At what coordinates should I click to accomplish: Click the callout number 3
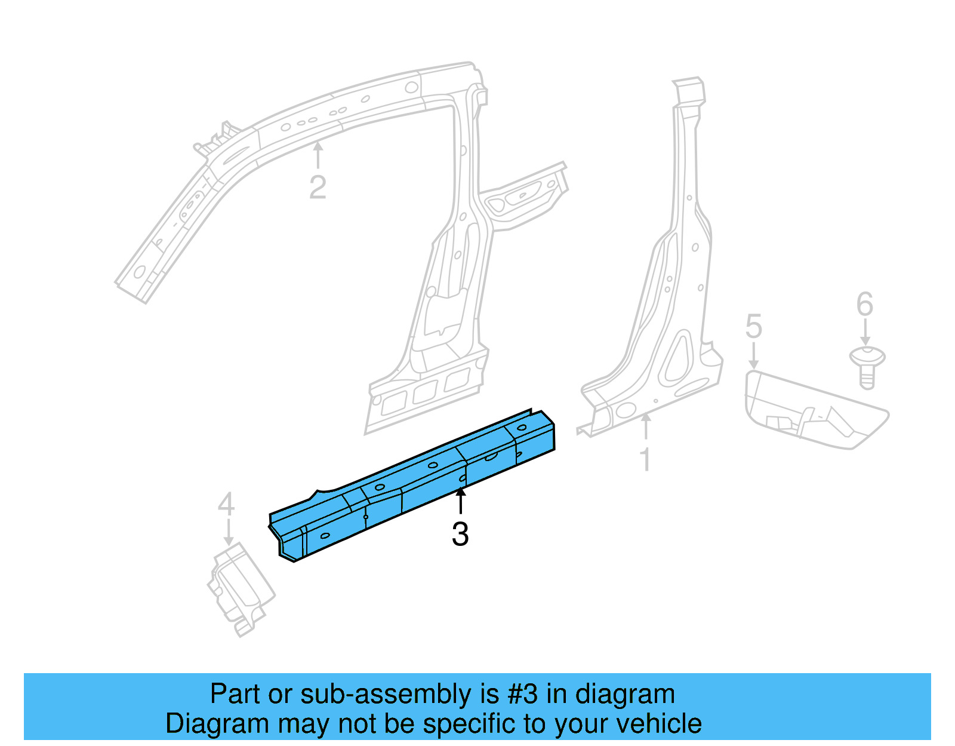460,534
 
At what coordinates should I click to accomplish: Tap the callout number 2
318,188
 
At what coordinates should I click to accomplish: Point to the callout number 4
226,505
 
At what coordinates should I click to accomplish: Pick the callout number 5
754,327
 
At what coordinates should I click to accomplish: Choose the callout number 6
865,305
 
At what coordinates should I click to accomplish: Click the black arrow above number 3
460,501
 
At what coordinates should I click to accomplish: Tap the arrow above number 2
318,154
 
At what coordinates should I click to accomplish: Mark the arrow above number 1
645,426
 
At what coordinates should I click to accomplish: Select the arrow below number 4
227,532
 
